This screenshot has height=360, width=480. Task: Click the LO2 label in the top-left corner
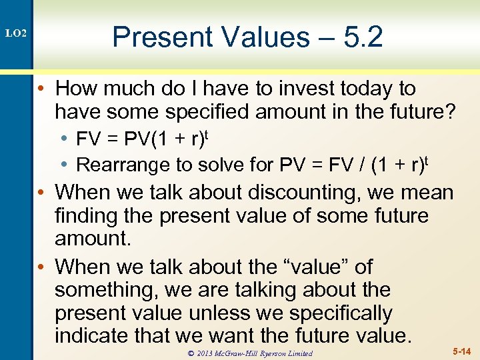(16, 33)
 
